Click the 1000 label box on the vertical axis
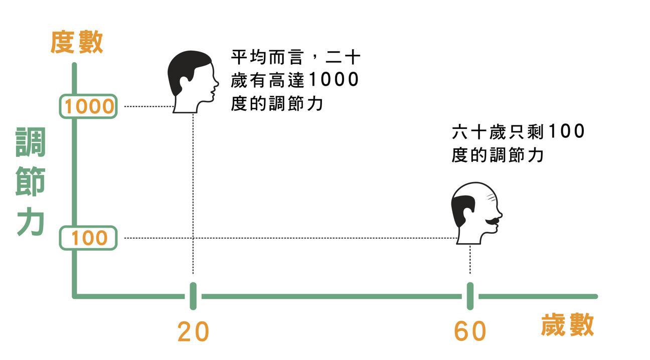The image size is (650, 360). click(x=89, y=106)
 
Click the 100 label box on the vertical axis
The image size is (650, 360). click(x=89, y=238)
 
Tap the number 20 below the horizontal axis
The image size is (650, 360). click(x=193, y=331)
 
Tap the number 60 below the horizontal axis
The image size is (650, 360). click(x=470, y=331)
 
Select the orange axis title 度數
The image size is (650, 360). click(x=77, y=42)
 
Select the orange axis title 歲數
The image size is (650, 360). click(x=567, y=325)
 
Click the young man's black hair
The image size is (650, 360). click(x=186, y=68)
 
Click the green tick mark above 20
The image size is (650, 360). click(x=193, y=296)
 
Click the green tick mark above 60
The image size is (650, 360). click(x=470, y=296)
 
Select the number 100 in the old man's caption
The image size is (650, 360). click(x=566, y=132)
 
